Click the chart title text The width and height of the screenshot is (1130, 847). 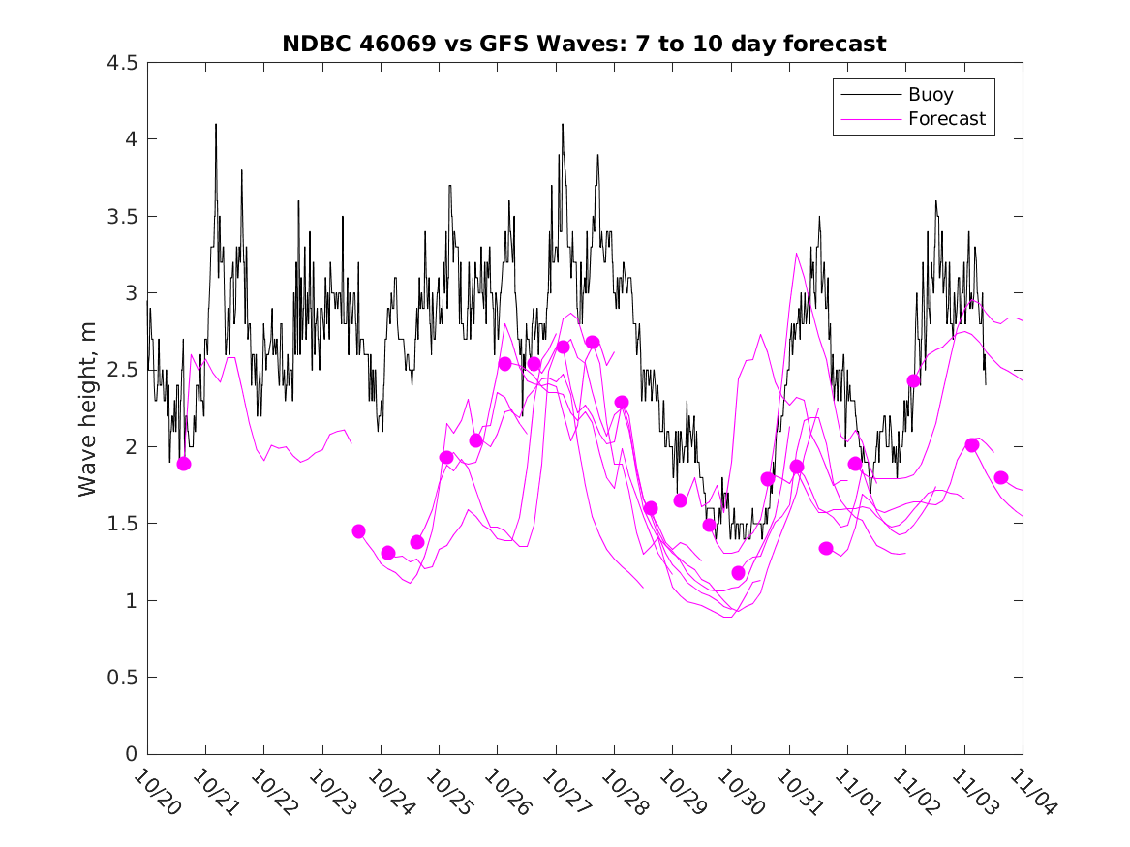584,44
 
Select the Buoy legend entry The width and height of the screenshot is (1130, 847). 930,95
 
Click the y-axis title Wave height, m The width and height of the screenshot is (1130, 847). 88,408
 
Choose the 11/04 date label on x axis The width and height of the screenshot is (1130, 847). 1030,793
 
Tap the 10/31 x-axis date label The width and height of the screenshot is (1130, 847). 797,793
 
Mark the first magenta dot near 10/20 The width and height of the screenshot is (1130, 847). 184,464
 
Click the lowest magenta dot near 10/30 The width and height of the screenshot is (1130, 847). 739,573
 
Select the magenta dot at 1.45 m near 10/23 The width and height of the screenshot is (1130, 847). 359,531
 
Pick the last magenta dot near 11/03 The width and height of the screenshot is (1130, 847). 1001,477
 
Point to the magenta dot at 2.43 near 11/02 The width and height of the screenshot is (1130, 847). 913,380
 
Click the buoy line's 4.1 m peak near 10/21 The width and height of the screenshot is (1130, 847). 216,125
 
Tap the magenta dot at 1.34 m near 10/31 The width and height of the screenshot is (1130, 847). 826,548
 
